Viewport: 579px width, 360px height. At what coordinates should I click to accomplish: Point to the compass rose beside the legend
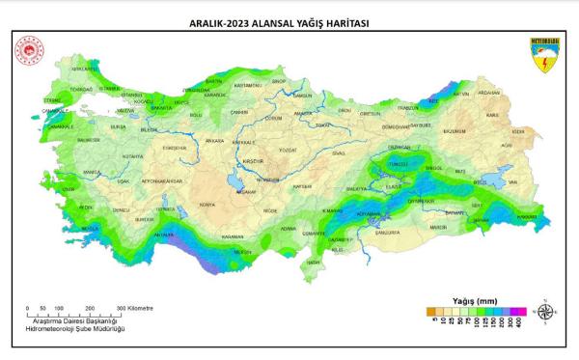547,311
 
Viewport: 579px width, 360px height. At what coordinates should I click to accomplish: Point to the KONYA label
207,206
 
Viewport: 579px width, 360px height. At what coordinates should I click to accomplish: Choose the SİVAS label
339,152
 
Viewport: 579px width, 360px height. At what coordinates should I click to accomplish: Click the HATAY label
313,262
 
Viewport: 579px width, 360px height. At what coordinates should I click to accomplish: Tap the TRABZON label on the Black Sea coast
409,108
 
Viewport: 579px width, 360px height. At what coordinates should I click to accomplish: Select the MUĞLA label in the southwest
90,228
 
